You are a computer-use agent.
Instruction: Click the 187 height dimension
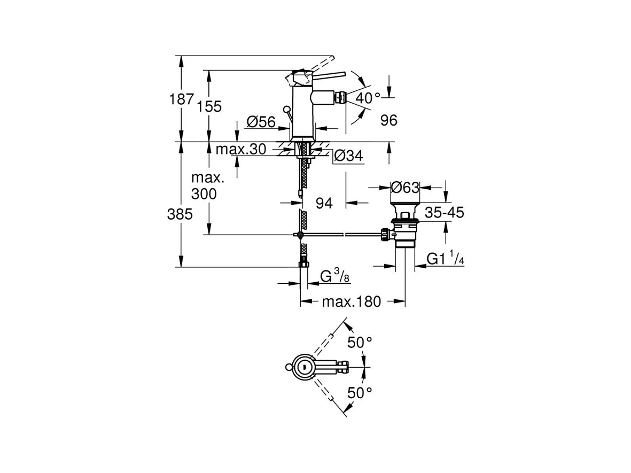[x=181, y=99]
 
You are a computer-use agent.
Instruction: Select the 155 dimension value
[x=209, y=106]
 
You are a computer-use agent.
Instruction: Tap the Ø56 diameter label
[x=261, y=121]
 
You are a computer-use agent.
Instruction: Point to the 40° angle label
[x=368, y=98]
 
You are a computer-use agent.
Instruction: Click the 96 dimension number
[x=389, y=120]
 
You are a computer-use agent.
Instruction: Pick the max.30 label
[x=241, y=149]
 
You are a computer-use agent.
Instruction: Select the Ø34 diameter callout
[x=348, y=156]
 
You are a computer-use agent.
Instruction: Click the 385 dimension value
[x=180, y=214]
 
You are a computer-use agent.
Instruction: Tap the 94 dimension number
[x=324, y=203]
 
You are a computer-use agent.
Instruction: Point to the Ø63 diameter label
[x=405, y=187]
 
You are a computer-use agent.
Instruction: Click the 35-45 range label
[x=445, y=212]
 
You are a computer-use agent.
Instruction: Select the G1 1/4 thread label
[x=445, y=258]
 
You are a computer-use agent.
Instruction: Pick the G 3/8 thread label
[x=334, y=276]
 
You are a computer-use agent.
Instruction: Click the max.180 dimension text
[x=352, y=301]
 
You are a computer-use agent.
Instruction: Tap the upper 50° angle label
[x=360, y=343]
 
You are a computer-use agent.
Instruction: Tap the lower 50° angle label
[x=360, y=392]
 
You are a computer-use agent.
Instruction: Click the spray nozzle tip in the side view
[x=341, y=97]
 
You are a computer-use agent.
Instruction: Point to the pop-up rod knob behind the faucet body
[x=286, y=109]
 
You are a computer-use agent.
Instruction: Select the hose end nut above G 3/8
[x=304, y=265]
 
